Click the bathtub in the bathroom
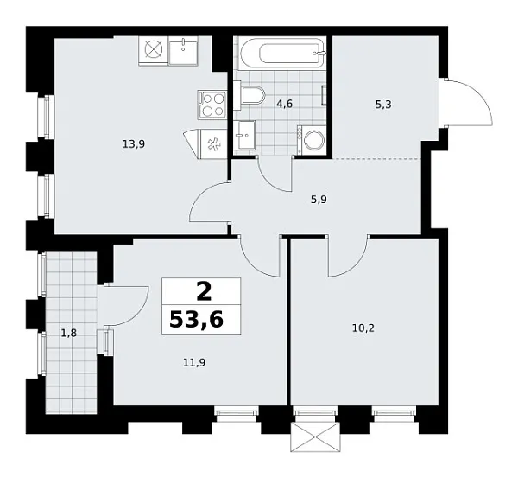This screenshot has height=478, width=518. pos(281,53)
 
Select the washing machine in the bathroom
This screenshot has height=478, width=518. pos(311,140)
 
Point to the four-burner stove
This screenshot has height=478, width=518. pos(212,104)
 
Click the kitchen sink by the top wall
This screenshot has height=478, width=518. pos(183,50)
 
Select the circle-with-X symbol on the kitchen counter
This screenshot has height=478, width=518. pos(153,50)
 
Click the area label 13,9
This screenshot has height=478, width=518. pos(133,144)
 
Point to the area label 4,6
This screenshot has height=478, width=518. pos(283,105)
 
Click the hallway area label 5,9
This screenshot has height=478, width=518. pos(319,197)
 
